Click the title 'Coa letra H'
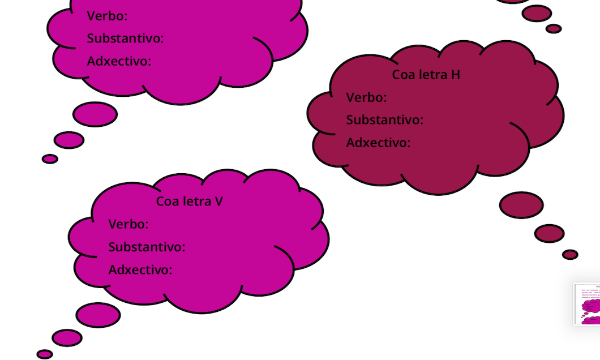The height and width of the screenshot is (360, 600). point(426,75)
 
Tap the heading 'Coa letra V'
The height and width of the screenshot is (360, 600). point(189,202)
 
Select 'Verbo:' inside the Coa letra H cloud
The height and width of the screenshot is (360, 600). point(366,97)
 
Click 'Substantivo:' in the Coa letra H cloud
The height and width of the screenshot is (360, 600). point(384,120)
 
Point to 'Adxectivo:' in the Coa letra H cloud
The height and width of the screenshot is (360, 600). point(378,143)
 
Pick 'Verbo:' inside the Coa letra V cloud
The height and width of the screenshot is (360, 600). point(128,224)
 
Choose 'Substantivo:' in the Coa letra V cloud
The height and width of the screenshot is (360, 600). point(147,247)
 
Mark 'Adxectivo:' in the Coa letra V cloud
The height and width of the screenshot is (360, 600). point(140,270)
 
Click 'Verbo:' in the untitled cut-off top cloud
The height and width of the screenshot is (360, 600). point(107,16)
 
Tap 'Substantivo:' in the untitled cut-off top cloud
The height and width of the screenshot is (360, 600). point(125,38)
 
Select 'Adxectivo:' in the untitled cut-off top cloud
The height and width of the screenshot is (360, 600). point(119,61)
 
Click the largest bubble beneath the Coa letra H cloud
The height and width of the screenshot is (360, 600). point(521,205)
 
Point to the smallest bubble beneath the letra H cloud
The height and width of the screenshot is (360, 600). point(570,255)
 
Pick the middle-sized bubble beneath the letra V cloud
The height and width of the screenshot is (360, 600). point(67,338)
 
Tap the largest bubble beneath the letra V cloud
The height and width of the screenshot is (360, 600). point(98,315)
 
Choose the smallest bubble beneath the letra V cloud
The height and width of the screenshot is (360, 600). point(45,354)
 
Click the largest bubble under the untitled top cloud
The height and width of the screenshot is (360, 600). point(95,114)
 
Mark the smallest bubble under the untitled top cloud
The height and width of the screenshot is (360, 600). point(50,159)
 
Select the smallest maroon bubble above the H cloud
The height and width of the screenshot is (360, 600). point(554,28)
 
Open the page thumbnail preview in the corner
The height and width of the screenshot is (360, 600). point(588,304)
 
